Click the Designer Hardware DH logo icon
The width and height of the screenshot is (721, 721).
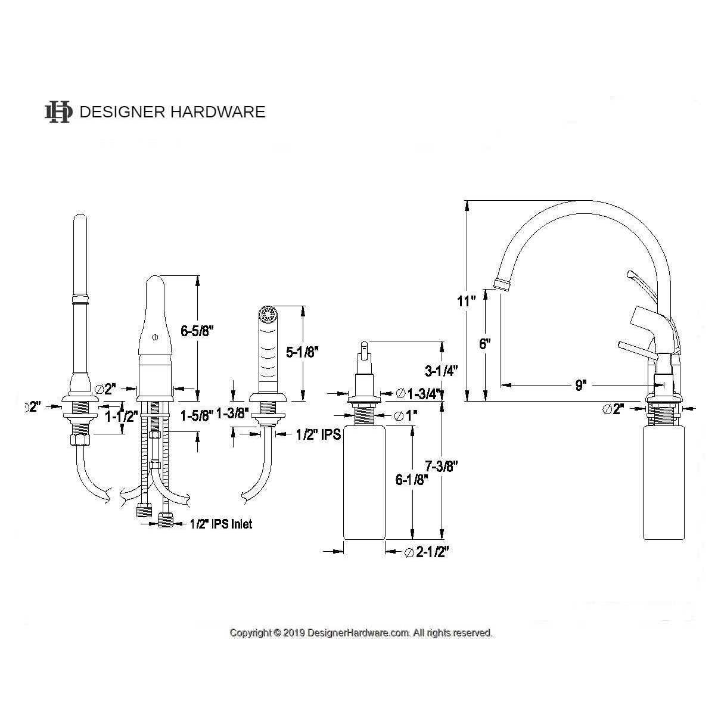pos(58,112)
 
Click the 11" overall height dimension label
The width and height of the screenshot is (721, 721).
pos(467,301)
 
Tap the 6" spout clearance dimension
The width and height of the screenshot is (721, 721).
pos(484,344)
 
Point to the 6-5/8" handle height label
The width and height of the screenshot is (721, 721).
pos(195,331)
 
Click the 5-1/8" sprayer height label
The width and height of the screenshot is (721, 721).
pos(302,352)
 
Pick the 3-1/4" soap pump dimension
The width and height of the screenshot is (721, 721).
pos(441,371)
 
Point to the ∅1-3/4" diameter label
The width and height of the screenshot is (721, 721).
pos(418,393)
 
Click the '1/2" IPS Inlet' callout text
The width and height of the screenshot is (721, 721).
pos(220,524)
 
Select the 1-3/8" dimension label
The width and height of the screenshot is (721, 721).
pos(232,414)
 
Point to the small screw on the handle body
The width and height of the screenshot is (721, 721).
pos(155,338)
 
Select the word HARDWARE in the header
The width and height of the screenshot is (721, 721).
pos(218,112)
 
